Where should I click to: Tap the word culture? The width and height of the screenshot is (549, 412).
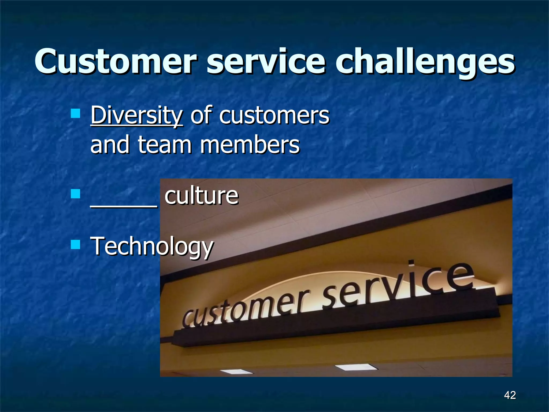click(201, 196)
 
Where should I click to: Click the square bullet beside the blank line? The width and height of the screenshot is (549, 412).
click(76, 194)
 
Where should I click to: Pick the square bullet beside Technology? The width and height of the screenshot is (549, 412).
click(76, 244)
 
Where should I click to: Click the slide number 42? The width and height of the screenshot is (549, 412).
click(510, 395)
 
